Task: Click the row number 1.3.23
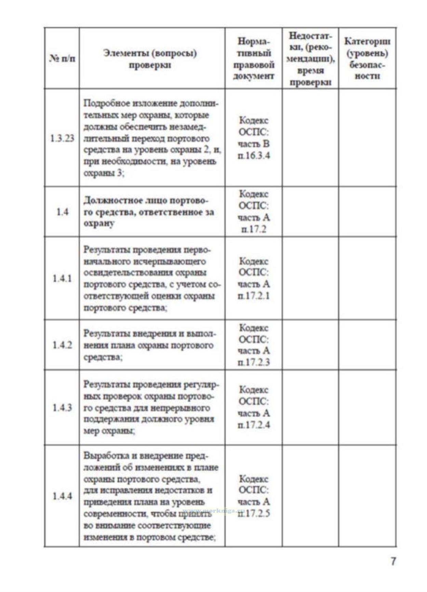62,138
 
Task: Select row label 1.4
62,212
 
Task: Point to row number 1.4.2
62,345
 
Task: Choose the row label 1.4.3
62,408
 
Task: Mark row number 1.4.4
62,496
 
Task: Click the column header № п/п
62,58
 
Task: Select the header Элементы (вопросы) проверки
150,59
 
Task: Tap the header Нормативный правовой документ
254,58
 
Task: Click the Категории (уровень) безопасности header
367,58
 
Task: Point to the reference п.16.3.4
254,156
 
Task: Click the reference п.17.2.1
254,296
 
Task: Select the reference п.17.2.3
254,362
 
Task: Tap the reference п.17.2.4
254,425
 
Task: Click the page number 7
393,561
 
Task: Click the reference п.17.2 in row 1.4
254,229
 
